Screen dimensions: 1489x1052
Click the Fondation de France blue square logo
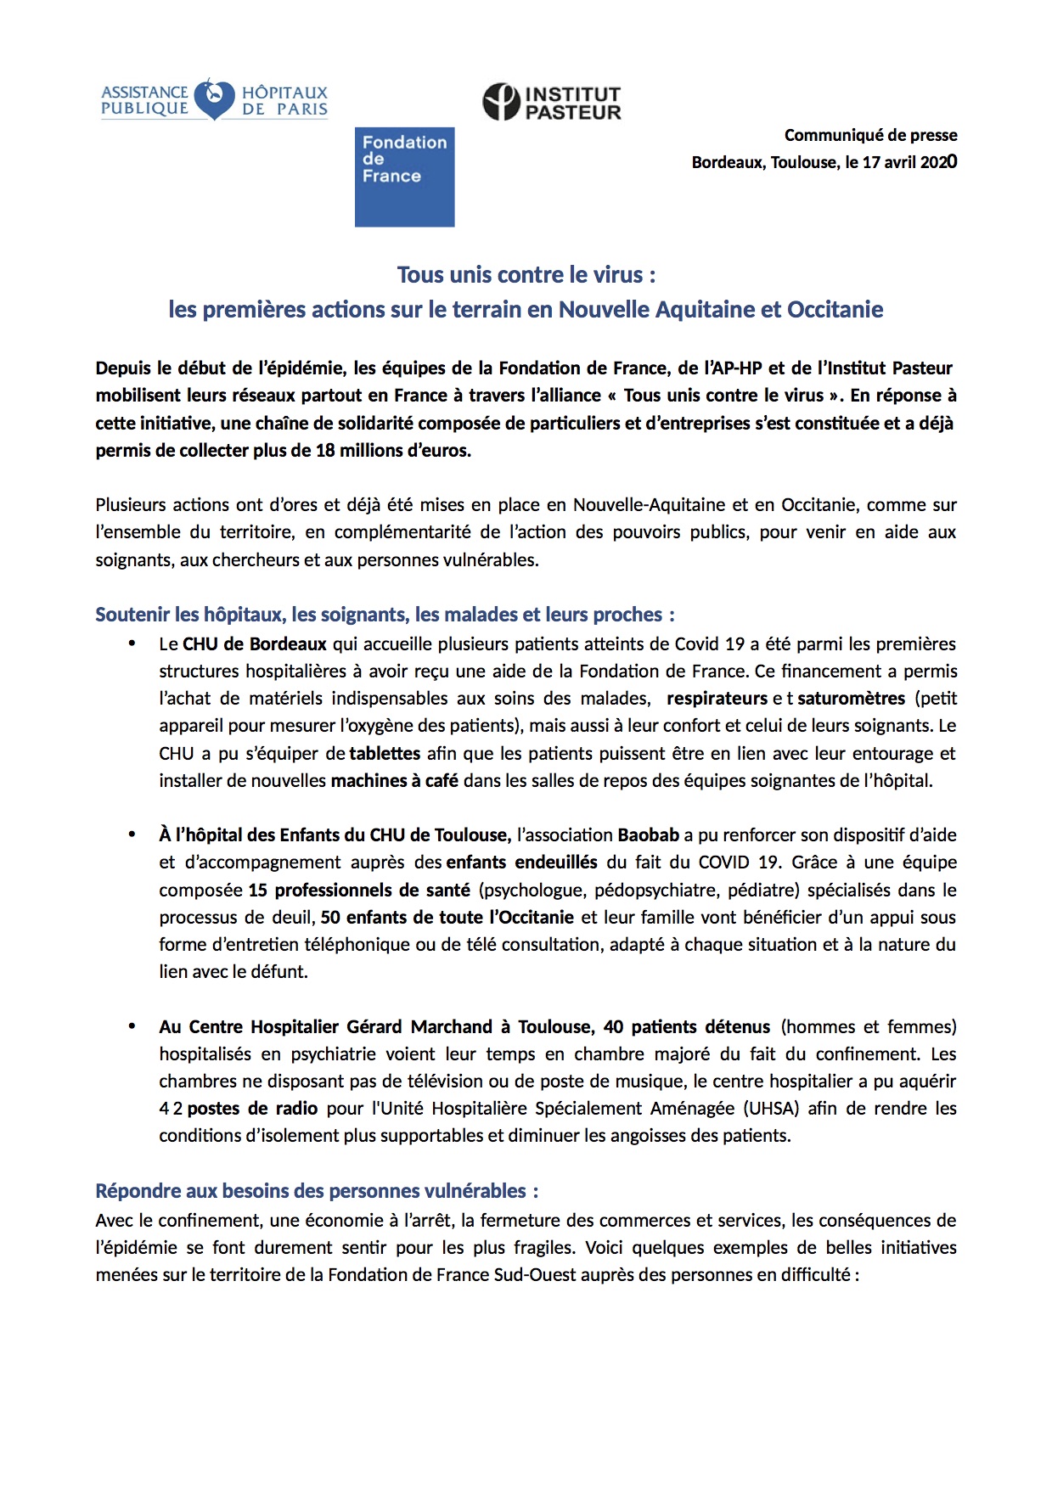[x=404, y=177]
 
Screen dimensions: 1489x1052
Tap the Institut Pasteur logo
[x=552, y=102]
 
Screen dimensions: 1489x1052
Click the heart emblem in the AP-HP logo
[x=214, y=98]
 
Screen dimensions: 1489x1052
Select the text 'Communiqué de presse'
[x=870, y=135]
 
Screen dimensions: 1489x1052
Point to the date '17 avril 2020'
[x=909, y=162]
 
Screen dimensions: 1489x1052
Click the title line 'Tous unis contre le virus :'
[x=526, y=275]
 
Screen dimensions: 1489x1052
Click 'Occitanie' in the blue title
[x=835, y=310]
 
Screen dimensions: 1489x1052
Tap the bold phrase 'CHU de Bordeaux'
[x=255, y=644]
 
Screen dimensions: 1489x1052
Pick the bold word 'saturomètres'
[x=852, y=699]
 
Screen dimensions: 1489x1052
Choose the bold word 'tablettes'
[x=385, y=754]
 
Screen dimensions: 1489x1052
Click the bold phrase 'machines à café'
[x=395, y=781]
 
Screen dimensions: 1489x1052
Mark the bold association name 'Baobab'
[x=648, y=835]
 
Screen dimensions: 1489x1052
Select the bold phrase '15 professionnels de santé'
[x=359, y=891]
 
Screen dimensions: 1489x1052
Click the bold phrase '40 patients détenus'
[x=687, y=1027]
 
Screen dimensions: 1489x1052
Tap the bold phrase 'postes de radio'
[x=252, y=1109]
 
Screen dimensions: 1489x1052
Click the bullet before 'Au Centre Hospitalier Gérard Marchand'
[x=132, y=1026]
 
